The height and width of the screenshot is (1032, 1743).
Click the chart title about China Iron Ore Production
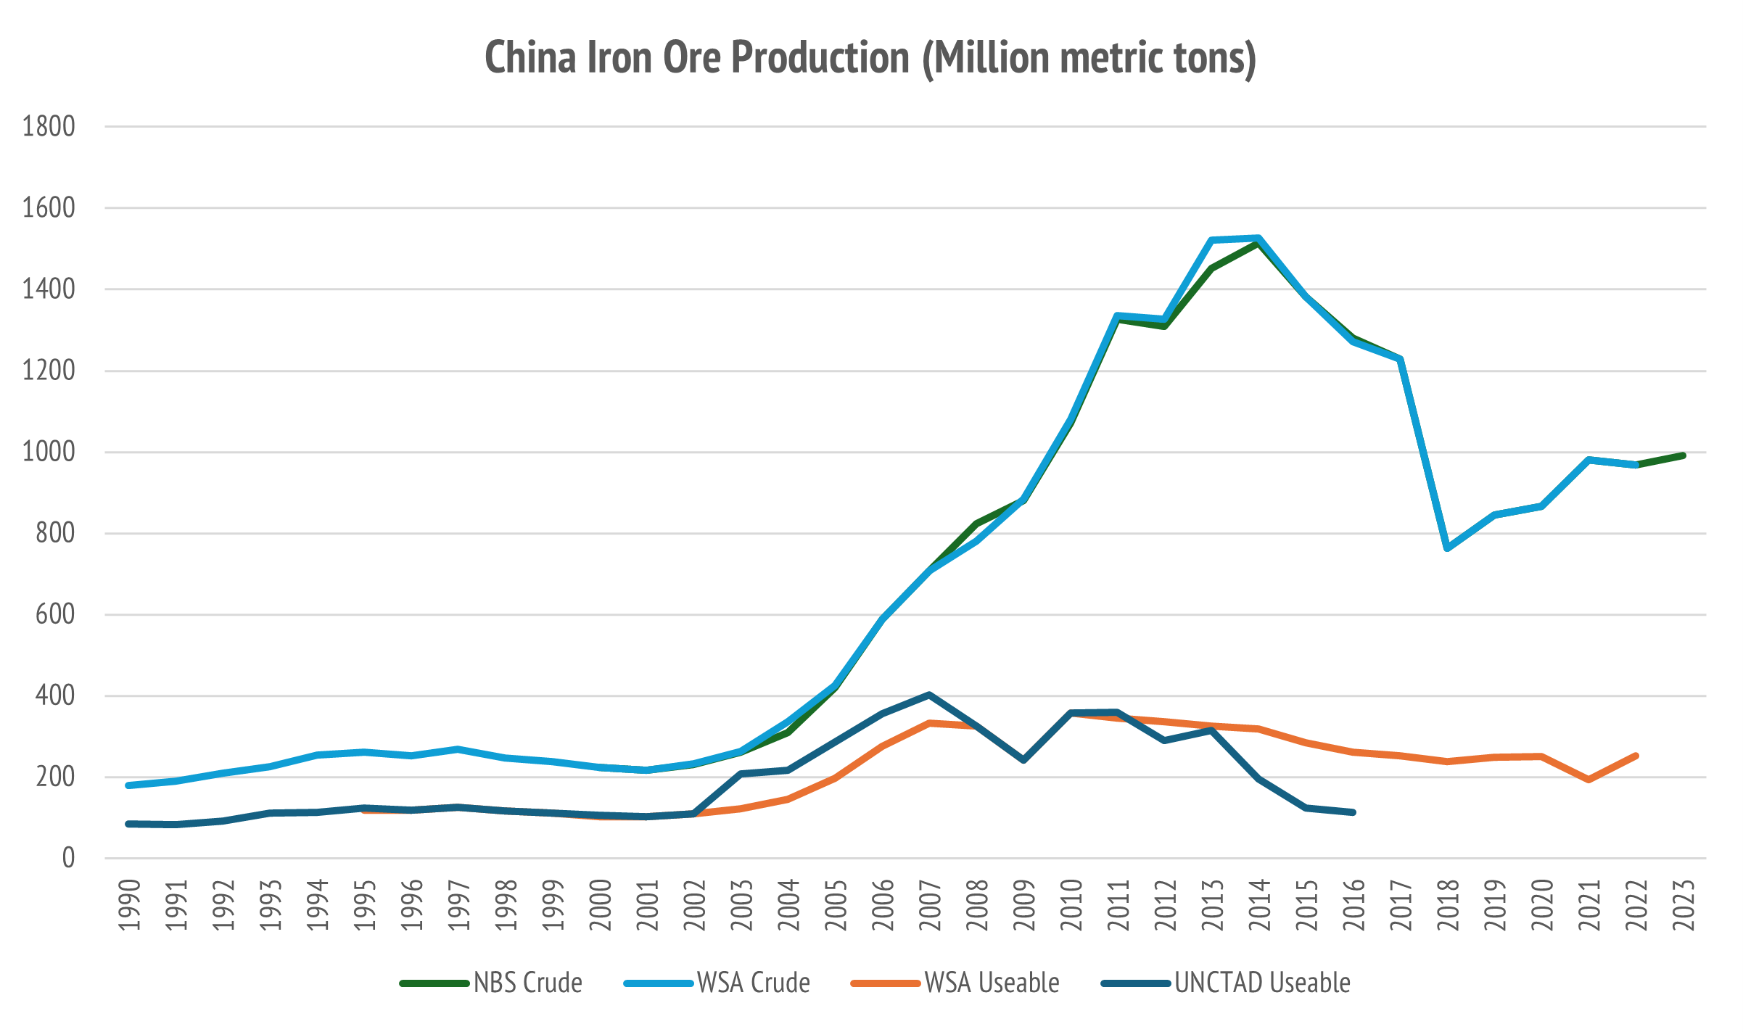[x=870, y=58]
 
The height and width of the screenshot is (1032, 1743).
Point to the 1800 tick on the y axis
[x=49, y=127]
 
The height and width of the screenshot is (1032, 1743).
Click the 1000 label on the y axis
[x=49, y=452]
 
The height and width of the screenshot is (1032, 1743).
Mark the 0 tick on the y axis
[x=68, y=859]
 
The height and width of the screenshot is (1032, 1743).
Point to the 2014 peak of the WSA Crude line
[x=1258, y=238]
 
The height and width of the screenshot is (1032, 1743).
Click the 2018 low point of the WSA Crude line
[x=1447, y=548]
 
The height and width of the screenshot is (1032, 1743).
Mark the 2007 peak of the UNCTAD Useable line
[x=929, y=695]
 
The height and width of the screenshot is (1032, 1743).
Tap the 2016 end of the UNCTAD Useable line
[x=1353, y=812]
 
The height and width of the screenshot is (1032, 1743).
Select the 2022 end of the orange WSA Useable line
[x=1636, y=756]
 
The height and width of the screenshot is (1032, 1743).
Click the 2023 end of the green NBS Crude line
[x=1683, y=455]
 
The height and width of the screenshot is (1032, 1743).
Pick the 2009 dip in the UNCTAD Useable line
[x=1023, y=760]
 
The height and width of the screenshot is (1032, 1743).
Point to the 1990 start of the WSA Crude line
[x=128, y=785]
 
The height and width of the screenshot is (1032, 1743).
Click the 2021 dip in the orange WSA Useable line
[x=1589, y=780]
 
